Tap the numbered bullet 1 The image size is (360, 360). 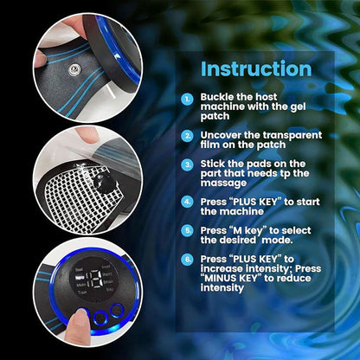tap(188, 100)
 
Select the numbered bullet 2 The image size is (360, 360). tap(188, 136)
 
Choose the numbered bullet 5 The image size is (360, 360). tap(188, 231)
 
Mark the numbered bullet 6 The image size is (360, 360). tap(188, 259)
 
